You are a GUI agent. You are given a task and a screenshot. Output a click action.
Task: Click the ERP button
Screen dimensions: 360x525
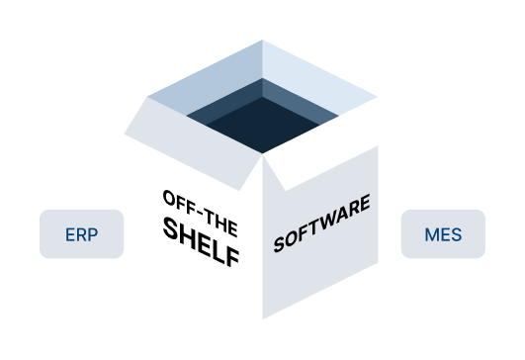[82, 234]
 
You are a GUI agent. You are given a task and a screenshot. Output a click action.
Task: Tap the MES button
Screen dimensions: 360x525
[442, 234]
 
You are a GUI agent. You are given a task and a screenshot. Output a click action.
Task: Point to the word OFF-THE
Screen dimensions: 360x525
[202, 208]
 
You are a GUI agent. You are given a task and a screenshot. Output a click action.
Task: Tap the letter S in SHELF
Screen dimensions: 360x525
[170, 229]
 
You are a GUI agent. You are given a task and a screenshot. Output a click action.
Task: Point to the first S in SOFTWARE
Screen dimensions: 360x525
[279, 243]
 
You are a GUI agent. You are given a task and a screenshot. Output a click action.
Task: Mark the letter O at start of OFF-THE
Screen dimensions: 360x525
[169, 193]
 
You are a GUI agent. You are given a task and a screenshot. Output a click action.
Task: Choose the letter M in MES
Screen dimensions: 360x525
[431, 234]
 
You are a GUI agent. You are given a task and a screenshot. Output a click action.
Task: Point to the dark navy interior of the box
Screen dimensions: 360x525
[262, 124]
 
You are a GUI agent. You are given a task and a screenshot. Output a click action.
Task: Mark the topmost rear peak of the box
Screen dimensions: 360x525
[263, 41]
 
